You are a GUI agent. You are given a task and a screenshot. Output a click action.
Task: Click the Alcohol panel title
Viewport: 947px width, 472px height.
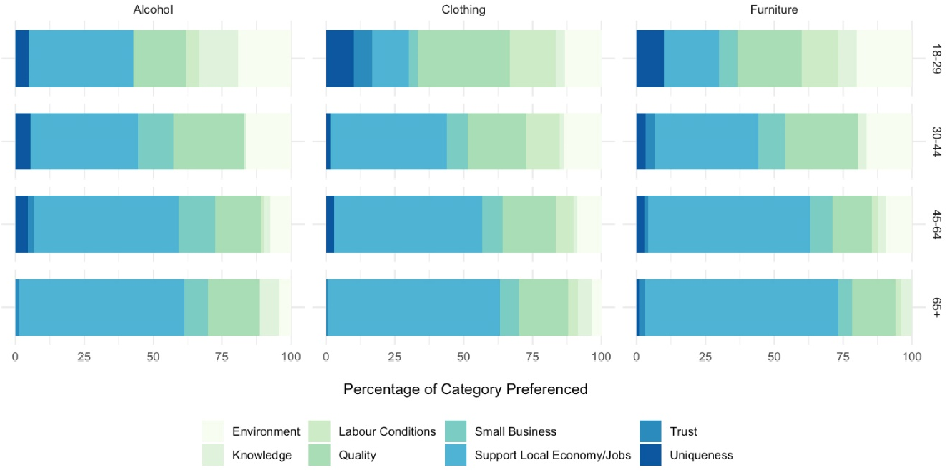(x=153, y=10)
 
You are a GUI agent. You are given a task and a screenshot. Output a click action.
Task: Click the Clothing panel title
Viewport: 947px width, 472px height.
(x=463, y=10)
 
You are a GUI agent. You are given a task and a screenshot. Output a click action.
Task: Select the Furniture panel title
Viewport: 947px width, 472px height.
(x=774, y=10)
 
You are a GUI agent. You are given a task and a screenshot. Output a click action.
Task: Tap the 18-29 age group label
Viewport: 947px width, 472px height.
(x=937, y=59)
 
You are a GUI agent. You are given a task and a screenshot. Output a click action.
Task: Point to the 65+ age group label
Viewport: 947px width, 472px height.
(x=937, y=308)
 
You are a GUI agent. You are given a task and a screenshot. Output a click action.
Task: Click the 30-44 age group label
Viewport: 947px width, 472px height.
(x=937, y=142)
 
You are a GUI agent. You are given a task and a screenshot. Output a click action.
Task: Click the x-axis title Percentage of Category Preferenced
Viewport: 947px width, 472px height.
(x=465, y=389)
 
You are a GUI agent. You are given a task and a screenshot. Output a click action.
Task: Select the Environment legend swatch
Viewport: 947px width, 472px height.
(x=213, y=431)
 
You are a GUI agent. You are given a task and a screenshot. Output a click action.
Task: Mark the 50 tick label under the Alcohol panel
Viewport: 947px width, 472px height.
(x=153, y=357)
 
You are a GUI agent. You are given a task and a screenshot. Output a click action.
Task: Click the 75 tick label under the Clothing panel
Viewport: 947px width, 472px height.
(x=532, y=357)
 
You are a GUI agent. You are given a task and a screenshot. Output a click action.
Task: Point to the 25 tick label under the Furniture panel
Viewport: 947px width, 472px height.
(x=705, y=357)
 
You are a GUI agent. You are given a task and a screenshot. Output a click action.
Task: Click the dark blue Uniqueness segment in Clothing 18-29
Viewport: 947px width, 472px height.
(x=340, y=59)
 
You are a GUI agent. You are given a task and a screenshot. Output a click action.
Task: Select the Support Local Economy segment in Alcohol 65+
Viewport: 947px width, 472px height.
(x=101, y=308)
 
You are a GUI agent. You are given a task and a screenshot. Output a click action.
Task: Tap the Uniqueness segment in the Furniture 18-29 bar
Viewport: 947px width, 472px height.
(x=650, y=59)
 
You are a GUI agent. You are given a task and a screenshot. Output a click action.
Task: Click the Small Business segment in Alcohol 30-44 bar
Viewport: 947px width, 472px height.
(x=155, y=141)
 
